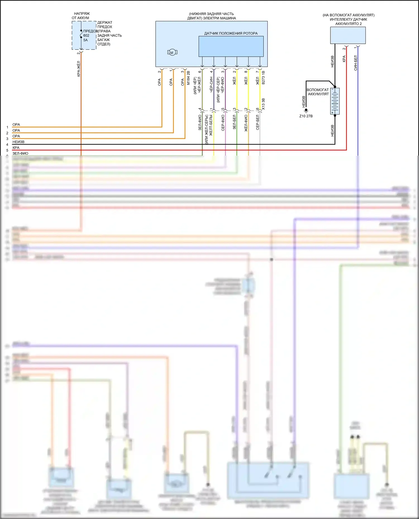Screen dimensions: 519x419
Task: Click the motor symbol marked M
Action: tap(172, 52)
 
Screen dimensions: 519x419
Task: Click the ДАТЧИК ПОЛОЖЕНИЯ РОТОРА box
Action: tap(231, 46)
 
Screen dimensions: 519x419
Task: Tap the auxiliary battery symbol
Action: tap(335, 101)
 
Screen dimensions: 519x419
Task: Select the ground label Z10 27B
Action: tap(306, 116)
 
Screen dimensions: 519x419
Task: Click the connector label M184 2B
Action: tap(188, 78)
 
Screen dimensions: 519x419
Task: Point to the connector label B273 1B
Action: tap(263, 78)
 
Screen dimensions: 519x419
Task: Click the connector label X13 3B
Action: tap(263, 104)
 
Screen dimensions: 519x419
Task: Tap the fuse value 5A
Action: tap(85, 40)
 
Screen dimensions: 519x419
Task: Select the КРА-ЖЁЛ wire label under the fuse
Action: tap(78, 69)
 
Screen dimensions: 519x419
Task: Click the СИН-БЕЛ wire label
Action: tap(356, 63)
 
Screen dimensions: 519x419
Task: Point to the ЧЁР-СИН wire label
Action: tap(211, 85)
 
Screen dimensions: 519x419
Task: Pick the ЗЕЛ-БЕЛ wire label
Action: tap(234, 122)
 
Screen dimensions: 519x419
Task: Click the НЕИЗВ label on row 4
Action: tap(18, 142)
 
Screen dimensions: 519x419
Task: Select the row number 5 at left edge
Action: tap(7, 150)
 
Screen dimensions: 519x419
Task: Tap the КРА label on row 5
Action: tap(16, 148)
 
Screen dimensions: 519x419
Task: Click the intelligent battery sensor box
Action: tap(348, 35)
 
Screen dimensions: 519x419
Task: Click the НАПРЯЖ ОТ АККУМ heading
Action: tap(81, 16)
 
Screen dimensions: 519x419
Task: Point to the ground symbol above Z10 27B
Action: tap(306, 110)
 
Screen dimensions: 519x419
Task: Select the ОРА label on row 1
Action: tap(16, 125)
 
